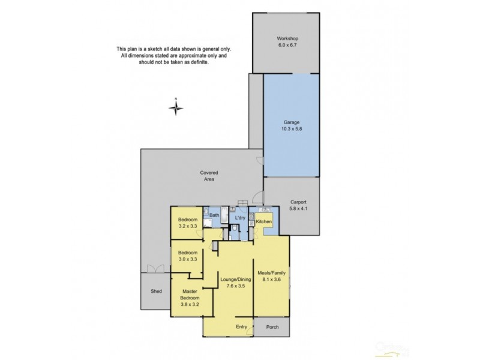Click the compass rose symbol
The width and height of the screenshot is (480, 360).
tap(175, 107)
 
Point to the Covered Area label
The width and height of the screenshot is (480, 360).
tap(209, 175)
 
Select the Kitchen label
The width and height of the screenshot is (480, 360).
tap(264, 222)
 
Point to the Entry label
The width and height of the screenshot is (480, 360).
tap(241, 327)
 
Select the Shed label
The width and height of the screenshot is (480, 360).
tap(156, 292)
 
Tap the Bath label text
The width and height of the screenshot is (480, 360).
tap(214, 215)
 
